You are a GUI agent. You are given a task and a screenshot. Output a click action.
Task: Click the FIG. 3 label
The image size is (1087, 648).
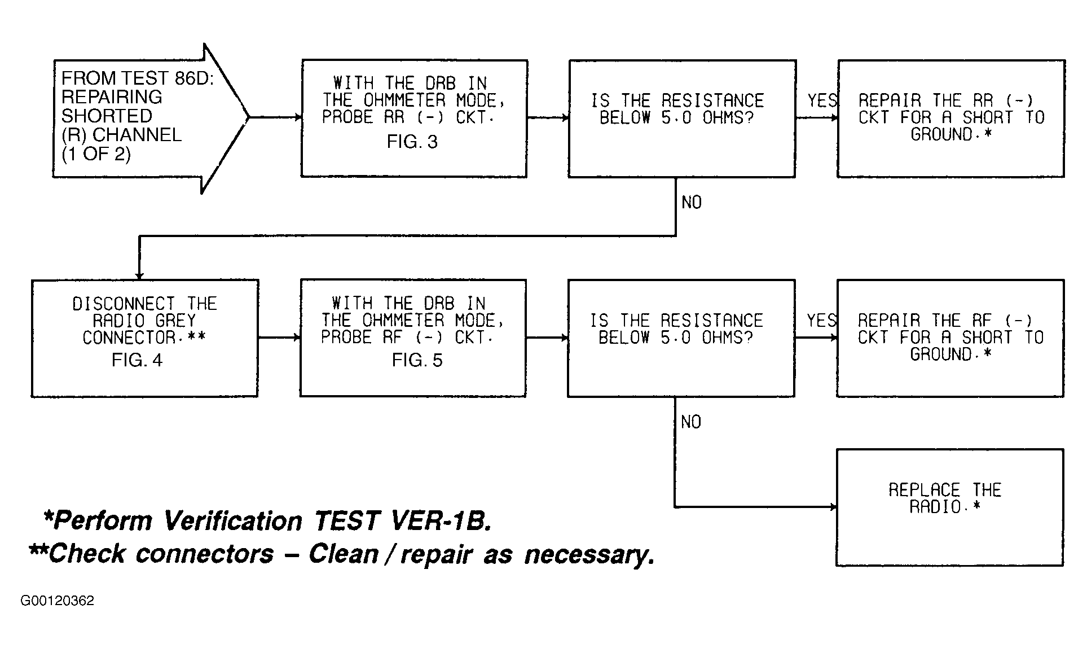click(412, 142)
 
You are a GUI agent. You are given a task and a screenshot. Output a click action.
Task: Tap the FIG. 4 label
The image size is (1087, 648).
click(137, 360)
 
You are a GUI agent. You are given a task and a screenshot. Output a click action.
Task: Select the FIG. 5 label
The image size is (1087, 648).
click(417, 360)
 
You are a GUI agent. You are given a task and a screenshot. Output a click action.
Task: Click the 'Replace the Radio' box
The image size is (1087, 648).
click(949, 507)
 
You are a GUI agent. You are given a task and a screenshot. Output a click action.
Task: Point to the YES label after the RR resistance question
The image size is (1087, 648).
click(822, 101)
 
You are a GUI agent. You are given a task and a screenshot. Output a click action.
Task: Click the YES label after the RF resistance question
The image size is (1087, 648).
click(821, 321)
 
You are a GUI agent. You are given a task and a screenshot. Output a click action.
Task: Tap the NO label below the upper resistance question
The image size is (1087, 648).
click(692, 203)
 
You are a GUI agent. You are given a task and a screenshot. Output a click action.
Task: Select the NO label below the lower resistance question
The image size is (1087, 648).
click(691, 422)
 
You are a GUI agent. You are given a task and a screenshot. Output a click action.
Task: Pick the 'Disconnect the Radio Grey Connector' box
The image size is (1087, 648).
click(145, 338)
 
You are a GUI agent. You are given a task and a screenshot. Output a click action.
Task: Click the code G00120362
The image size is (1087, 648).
click(58, 601)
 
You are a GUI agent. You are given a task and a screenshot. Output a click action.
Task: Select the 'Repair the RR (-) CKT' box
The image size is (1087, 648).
click(951, 119)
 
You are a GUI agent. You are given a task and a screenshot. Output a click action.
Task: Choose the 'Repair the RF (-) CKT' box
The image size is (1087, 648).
click(950, 338)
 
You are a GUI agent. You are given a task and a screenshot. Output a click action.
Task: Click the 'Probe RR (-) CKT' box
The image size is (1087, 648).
click(414, 119)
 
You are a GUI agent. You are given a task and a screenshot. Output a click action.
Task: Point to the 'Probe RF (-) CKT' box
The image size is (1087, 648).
click(413, 338)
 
